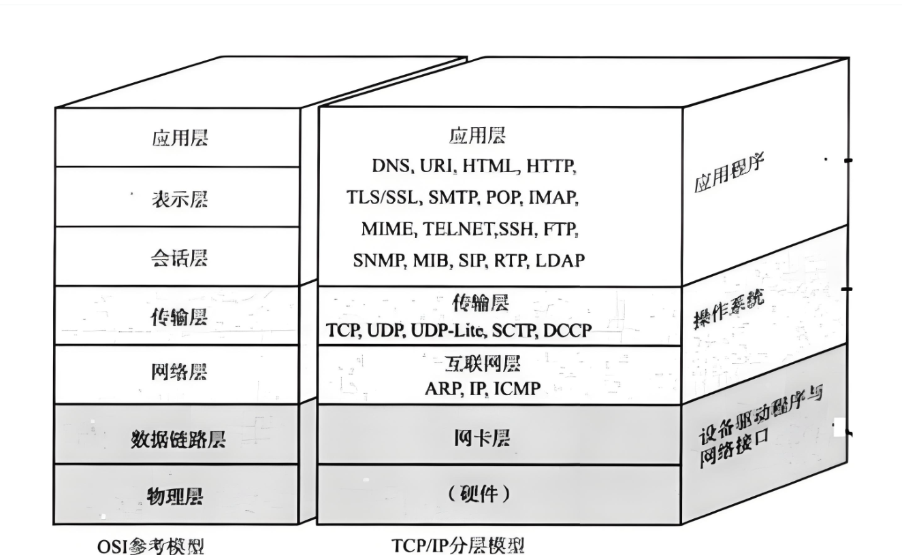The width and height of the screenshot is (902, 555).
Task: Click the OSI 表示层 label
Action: pyautogui.click(x=180, y=199)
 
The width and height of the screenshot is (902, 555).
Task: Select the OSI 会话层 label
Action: pyautogui.click(x=180, y=258)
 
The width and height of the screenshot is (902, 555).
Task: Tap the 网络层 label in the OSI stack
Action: pyautogui.click(x=179, y=372)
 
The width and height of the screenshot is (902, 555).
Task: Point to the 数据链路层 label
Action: pyautogui.click(x=178, y=439)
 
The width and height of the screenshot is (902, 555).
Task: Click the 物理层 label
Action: pyautogui.click(x=175, y=497)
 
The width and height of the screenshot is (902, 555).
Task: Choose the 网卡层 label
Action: pyautogui.click(x=482, y=439)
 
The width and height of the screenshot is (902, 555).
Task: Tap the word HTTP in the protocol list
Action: pyautogui.click(x=551, y=166)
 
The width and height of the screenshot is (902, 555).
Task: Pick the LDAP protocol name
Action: pyautogui.click(x=560, y=260)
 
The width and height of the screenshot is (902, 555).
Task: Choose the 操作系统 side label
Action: pyautogui.click(x=729, y=309)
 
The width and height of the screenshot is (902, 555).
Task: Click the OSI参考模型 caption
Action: pyautogui.click(x=151, y=546)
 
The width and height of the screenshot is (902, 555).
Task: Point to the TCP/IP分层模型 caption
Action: pyautogui.click(x=459, y=545)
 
